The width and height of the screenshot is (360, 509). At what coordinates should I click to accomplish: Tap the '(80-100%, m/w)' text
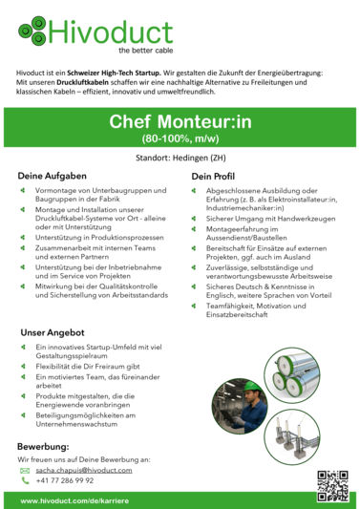pos(180,139)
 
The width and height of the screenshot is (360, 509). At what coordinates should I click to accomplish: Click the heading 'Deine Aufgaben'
pos(53,176)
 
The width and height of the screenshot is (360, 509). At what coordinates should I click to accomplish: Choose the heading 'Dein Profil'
pos(213,177)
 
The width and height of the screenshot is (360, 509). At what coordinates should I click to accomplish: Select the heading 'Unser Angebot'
pos(53,332)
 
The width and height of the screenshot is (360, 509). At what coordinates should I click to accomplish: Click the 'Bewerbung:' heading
pos(43,446)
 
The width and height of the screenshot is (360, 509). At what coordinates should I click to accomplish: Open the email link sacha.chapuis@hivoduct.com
pos(83,470)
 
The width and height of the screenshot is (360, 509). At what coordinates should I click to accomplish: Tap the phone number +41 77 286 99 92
pos(65,480)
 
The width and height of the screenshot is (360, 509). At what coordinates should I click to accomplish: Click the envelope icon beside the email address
pos(25,470)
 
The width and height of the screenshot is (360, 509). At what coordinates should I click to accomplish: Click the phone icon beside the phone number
pos(25,480)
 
